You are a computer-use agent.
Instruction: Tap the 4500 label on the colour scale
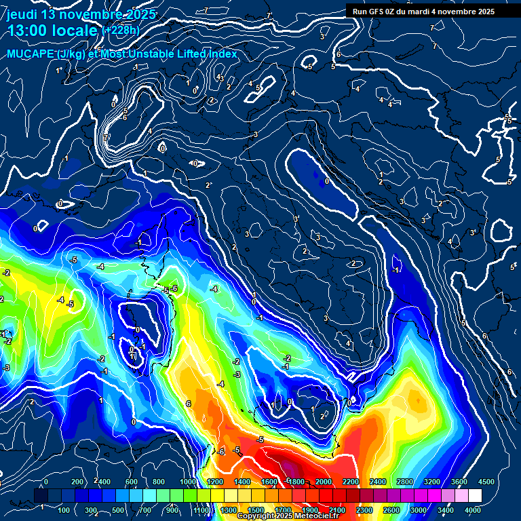(486, 482)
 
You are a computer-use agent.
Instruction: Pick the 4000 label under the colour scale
(473, 509)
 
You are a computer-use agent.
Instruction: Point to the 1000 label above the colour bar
(187, 482)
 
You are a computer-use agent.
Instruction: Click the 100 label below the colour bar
(64, 509)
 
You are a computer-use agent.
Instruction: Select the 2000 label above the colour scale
(324, 482)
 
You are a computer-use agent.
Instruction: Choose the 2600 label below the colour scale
(391, 509)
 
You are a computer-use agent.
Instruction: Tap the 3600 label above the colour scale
(459, 482)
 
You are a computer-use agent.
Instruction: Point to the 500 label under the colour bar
(119, 509)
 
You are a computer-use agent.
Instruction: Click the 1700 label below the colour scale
(283, 509)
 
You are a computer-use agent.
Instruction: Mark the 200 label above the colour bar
(78, 482)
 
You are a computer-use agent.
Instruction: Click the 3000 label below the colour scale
(419, 509)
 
